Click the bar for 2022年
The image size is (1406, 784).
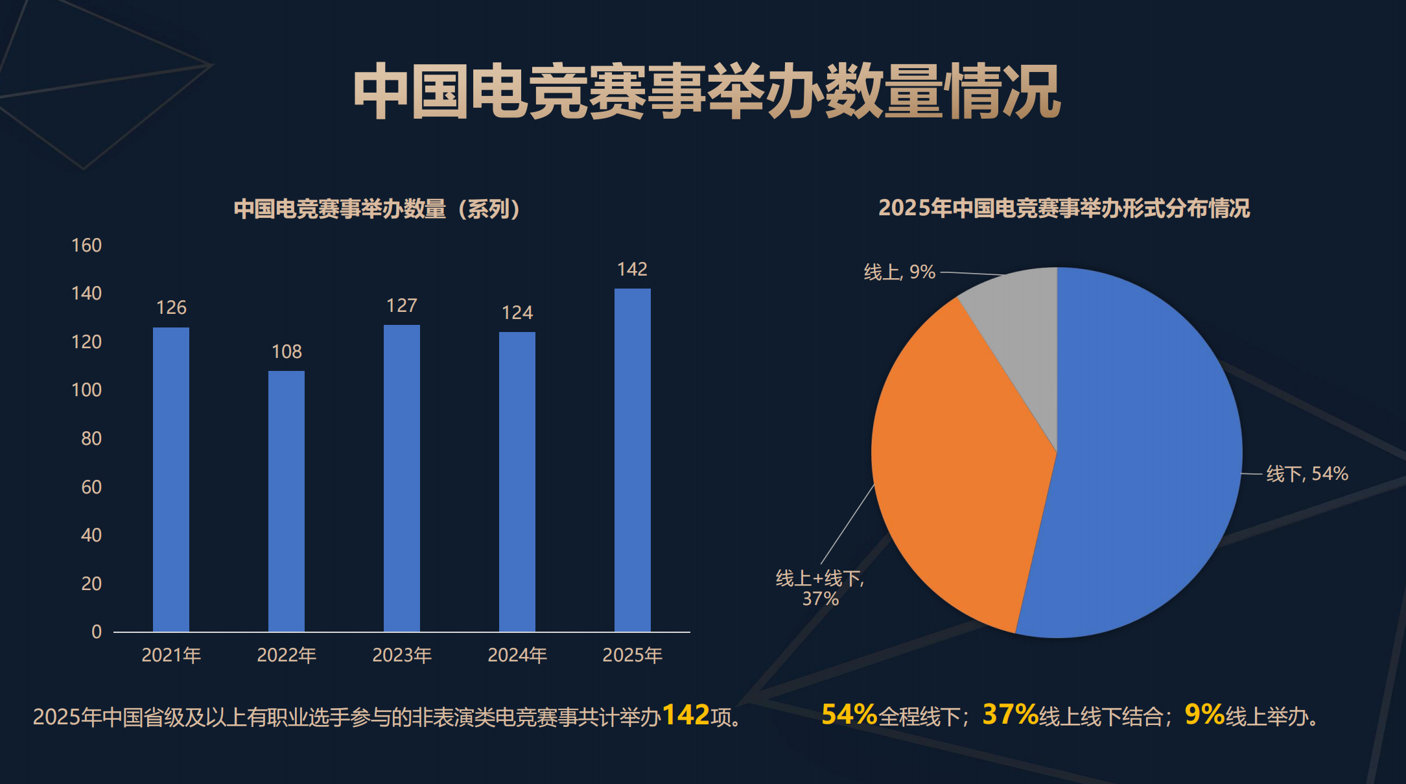click(x=286, y=501)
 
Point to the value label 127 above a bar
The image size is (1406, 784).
click(x=402, y=305)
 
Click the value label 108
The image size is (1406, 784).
click(x=287, y=351)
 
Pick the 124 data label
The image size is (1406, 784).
click(x=517, y=313)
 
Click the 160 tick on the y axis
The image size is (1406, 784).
click(x=86, y=245)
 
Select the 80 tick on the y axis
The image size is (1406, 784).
click(x=91, y=438)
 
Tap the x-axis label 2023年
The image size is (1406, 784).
click(x=402, y=655)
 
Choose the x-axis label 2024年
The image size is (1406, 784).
click(x=517, y=655)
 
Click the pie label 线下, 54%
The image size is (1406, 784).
click(x=1307, y=473)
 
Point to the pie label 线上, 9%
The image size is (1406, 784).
click(x=899, y=272)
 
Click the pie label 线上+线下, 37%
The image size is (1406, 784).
click(x=820, y=588)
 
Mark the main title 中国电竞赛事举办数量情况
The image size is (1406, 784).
click(x=707, y=91)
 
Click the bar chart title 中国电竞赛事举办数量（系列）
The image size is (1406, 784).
click(x=378, y=209)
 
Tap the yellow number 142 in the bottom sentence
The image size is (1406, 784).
click(x=686, y=715)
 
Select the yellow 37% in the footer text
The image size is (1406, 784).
click(x=1011, y=715)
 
